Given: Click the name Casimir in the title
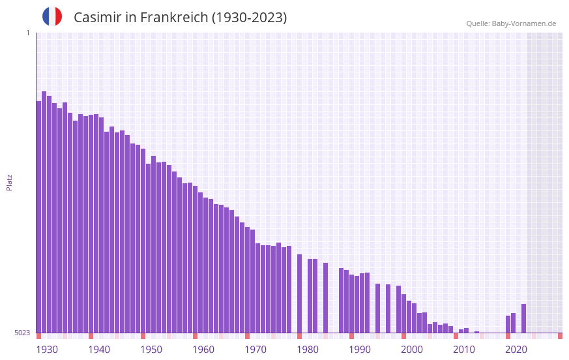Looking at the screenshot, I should point(95,18).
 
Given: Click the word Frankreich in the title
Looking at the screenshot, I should point(171,18).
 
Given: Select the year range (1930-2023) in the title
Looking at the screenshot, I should point(249,18).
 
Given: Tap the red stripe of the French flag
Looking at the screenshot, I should point(59,16).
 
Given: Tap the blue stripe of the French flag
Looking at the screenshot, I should point(46,16).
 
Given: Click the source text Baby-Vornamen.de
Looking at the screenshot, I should point(524,23).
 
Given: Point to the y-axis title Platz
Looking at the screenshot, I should point(9,182).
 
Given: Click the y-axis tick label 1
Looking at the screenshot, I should point(27,33).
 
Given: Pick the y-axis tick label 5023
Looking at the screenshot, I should point(22,333).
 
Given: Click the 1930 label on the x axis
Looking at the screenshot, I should point(47,350).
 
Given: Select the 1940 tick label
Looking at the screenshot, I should point(99,350).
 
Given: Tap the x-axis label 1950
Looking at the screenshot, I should point(151,350).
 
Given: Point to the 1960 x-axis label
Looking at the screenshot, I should point(203,350).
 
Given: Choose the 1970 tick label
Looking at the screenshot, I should point(255,350).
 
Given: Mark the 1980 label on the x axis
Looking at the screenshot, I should point(308,350).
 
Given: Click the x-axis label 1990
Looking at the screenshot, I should point(360,350).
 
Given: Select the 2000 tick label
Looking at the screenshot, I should point(412,350).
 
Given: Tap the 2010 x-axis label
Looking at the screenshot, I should point(464,350).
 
